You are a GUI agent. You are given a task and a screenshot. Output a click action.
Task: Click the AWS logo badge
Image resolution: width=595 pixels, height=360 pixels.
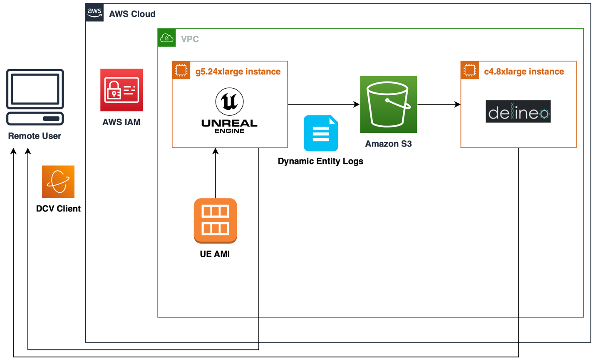(x=94, y=12)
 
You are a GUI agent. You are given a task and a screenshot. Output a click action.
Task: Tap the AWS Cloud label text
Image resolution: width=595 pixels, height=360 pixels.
(x=132, y=14)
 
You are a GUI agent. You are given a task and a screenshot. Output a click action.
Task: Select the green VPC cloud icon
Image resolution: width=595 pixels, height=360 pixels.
(x=166, y=38)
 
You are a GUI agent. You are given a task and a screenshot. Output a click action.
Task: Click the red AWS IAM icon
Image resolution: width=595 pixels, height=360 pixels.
(x=121, y=90)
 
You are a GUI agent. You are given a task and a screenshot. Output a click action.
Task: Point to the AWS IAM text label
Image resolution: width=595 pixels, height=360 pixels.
(x=121, y=122)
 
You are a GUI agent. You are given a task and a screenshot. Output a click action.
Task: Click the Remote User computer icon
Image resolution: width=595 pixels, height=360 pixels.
(x=35, y=97)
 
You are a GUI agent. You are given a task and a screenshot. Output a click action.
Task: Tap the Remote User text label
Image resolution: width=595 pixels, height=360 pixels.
(x=35, y=136)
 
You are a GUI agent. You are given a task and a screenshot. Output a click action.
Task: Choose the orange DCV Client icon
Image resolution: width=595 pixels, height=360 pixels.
(x=58, y=181)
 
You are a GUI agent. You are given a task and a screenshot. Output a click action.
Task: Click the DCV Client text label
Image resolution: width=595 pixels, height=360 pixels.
(x=58, y=209)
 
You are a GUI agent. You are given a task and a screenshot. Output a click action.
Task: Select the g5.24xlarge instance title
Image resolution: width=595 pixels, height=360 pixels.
(x=238, y=72)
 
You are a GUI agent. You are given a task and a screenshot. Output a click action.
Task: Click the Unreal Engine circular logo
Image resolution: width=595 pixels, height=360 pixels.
(x=229, y=102)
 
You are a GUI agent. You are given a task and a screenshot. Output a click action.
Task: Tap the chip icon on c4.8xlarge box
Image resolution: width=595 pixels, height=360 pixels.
(x=469, y=70)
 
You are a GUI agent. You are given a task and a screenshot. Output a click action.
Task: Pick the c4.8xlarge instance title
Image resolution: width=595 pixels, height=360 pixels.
(x=524, y=72)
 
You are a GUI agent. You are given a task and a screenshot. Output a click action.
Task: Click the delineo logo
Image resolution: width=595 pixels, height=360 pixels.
(x=518, y=112)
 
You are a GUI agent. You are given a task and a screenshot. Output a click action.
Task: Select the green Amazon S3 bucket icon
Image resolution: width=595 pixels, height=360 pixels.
(x=388, y=104)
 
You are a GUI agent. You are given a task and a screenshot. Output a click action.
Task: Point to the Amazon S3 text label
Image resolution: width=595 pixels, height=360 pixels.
(x=388, y=144)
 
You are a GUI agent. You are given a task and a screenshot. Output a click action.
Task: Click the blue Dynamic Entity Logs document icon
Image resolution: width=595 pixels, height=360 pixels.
(x=321, y=133)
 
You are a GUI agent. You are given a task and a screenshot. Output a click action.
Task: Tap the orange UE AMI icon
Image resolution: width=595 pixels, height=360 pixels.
(x=215, y=221)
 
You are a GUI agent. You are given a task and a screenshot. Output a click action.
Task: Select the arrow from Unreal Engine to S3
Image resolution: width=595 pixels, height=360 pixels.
(x=323, y=104)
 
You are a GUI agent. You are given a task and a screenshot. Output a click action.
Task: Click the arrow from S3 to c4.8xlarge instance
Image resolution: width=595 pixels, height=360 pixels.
(x=439, y=104)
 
